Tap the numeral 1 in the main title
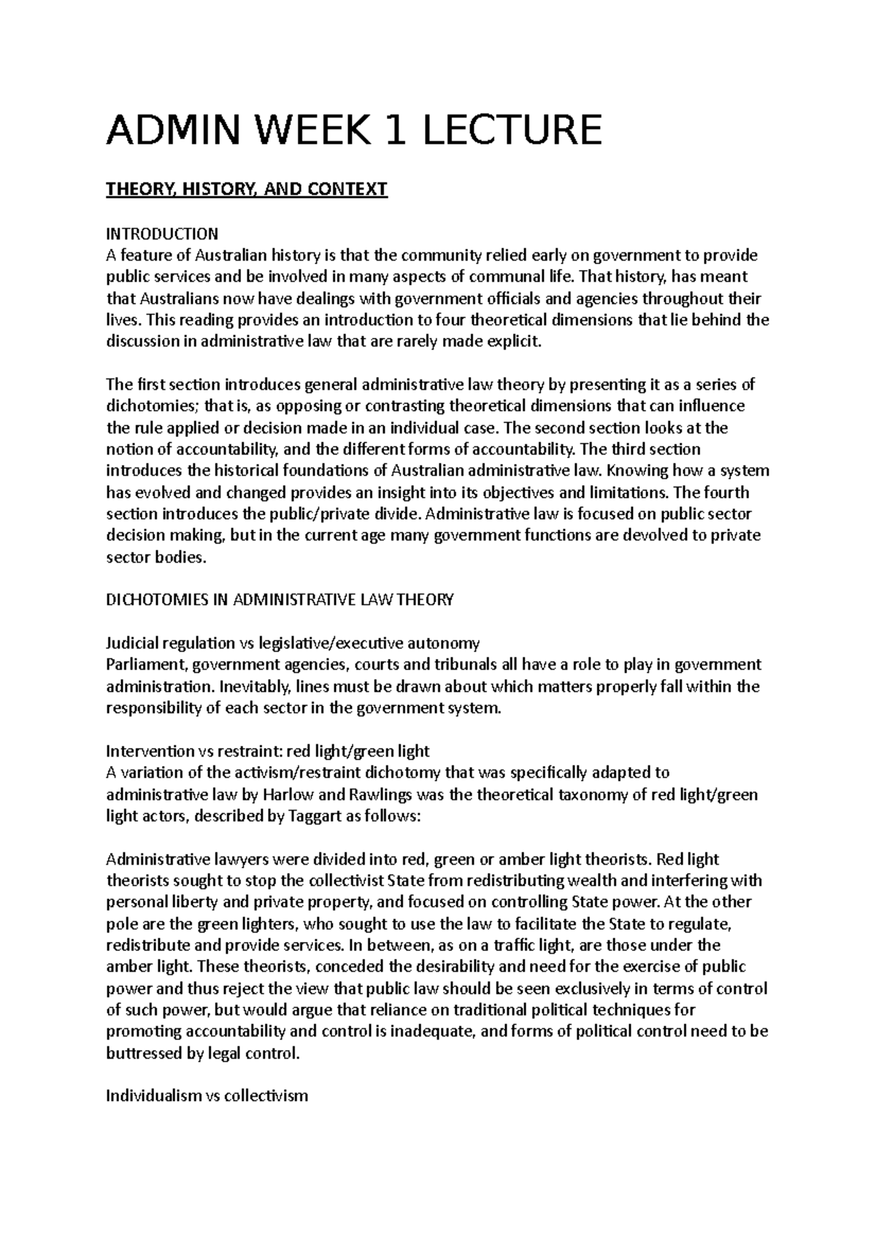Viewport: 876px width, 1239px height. coord(404,129)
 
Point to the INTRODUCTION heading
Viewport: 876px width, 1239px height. coord(162,234)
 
